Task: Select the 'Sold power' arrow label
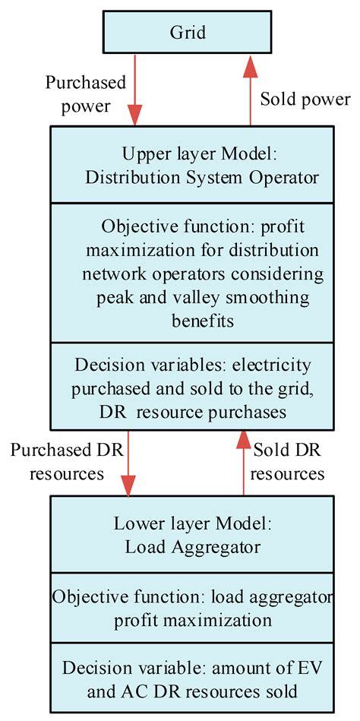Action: tap(305, 99)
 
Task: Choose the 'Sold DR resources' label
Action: tap(287, 462)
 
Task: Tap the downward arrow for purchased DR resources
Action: tap(130, 463)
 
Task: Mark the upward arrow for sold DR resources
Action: tap(243, 463)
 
